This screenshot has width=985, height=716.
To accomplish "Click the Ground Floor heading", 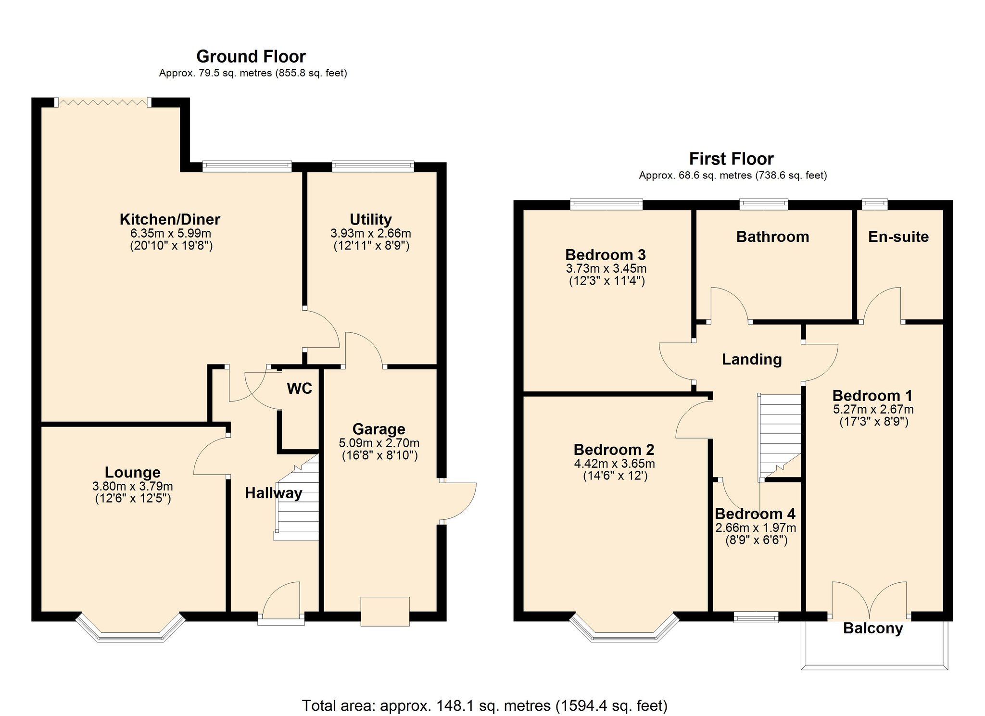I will click(251, 57).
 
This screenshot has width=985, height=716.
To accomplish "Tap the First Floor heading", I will click(731, 159).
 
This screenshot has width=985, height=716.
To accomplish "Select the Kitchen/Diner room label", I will click(170, 220).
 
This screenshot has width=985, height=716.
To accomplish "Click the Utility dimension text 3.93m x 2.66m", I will click(370, 234).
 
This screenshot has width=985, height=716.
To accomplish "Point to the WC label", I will click(299, 389).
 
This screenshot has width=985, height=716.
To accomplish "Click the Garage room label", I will click(379, 429).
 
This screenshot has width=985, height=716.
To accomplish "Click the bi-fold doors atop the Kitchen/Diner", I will click(102, 102).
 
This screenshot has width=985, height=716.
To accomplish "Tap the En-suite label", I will click(898, 237).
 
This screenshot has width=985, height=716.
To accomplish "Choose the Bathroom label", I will click(772, 237).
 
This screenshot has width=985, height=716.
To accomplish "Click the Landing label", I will click(752, 359).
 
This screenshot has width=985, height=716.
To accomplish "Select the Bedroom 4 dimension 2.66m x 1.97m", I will click(756, 528).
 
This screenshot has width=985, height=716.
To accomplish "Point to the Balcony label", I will click(873, 628).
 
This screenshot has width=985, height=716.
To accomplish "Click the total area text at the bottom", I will click(485, 705).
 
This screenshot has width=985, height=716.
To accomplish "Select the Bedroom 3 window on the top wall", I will click(606, 204).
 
